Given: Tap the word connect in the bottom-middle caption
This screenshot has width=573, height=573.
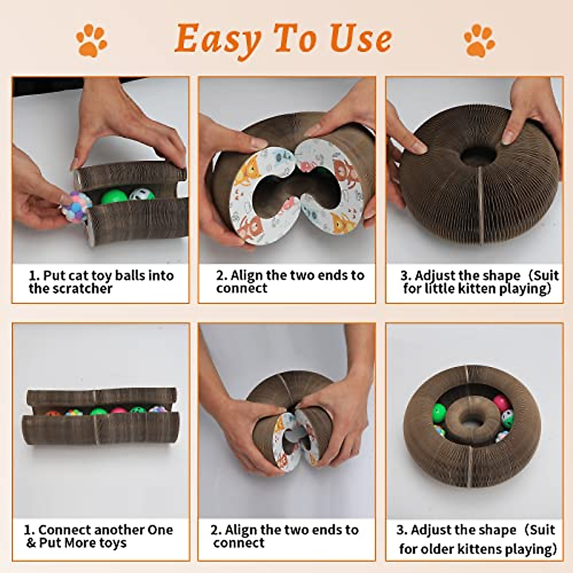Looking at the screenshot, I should click(239, 543).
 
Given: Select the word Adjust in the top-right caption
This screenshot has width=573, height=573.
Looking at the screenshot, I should click(435, 276).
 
